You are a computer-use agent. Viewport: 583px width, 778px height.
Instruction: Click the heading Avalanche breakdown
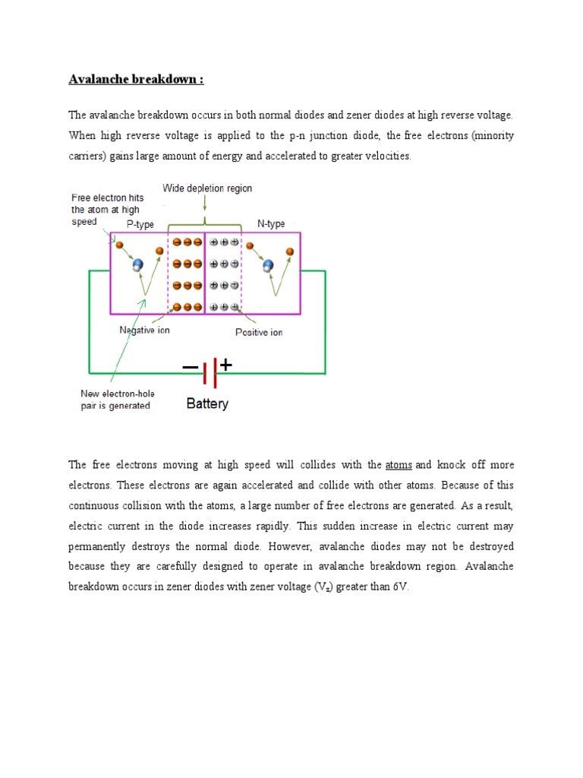(137, 79)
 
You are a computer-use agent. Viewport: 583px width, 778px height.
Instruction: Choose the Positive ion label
(258, 333)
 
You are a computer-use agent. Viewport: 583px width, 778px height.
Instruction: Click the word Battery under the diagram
(207, 404)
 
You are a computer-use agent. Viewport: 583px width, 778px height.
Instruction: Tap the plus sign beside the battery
(225, 365)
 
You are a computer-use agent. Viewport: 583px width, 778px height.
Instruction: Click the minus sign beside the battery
(189, 368)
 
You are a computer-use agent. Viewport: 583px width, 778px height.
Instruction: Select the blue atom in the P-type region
(137, 265)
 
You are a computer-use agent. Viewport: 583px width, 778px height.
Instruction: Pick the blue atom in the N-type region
(267, 265)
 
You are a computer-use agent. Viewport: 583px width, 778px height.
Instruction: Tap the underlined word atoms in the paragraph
(399, 465)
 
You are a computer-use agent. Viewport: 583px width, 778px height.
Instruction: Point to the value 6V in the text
(399, 587)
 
